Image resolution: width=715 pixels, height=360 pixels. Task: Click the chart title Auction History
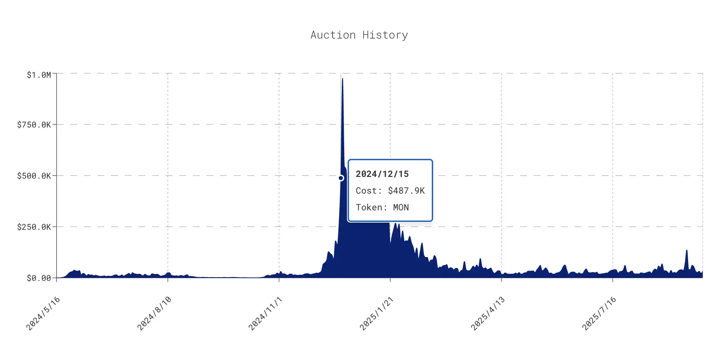(359, 35)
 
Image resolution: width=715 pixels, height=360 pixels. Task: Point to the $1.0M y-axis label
(39, 75)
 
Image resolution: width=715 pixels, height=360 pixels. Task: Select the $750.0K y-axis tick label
(34, 125)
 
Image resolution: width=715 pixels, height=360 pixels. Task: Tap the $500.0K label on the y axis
(34, 176)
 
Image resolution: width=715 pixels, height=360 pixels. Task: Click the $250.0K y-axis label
(34, 227)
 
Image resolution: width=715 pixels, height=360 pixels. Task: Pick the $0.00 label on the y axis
(39, 278)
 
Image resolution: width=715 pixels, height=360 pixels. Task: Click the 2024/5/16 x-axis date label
(43, 313)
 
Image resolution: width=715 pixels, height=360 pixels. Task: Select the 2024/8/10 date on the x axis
(154, 313)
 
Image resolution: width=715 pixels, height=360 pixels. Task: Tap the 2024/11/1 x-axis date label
(265, 313)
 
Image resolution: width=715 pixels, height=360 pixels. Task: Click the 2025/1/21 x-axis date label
(377, 313)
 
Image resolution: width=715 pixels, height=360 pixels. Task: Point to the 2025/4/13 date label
(488, 313)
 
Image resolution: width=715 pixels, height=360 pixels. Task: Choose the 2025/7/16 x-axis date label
(599, 313)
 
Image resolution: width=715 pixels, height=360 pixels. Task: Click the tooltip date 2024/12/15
(382, 174)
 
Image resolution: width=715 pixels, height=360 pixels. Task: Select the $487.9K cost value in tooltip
(406, 191)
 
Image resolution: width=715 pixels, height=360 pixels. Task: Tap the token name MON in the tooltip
(401, 207)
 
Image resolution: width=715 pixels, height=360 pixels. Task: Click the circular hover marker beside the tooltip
(341, 178)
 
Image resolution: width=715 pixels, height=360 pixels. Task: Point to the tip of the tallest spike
(343, 79)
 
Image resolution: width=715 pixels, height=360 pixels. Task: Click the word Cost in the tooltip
(366, 191)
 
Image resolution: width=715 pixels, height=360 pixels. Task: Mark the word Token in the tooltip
(369, 207)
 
